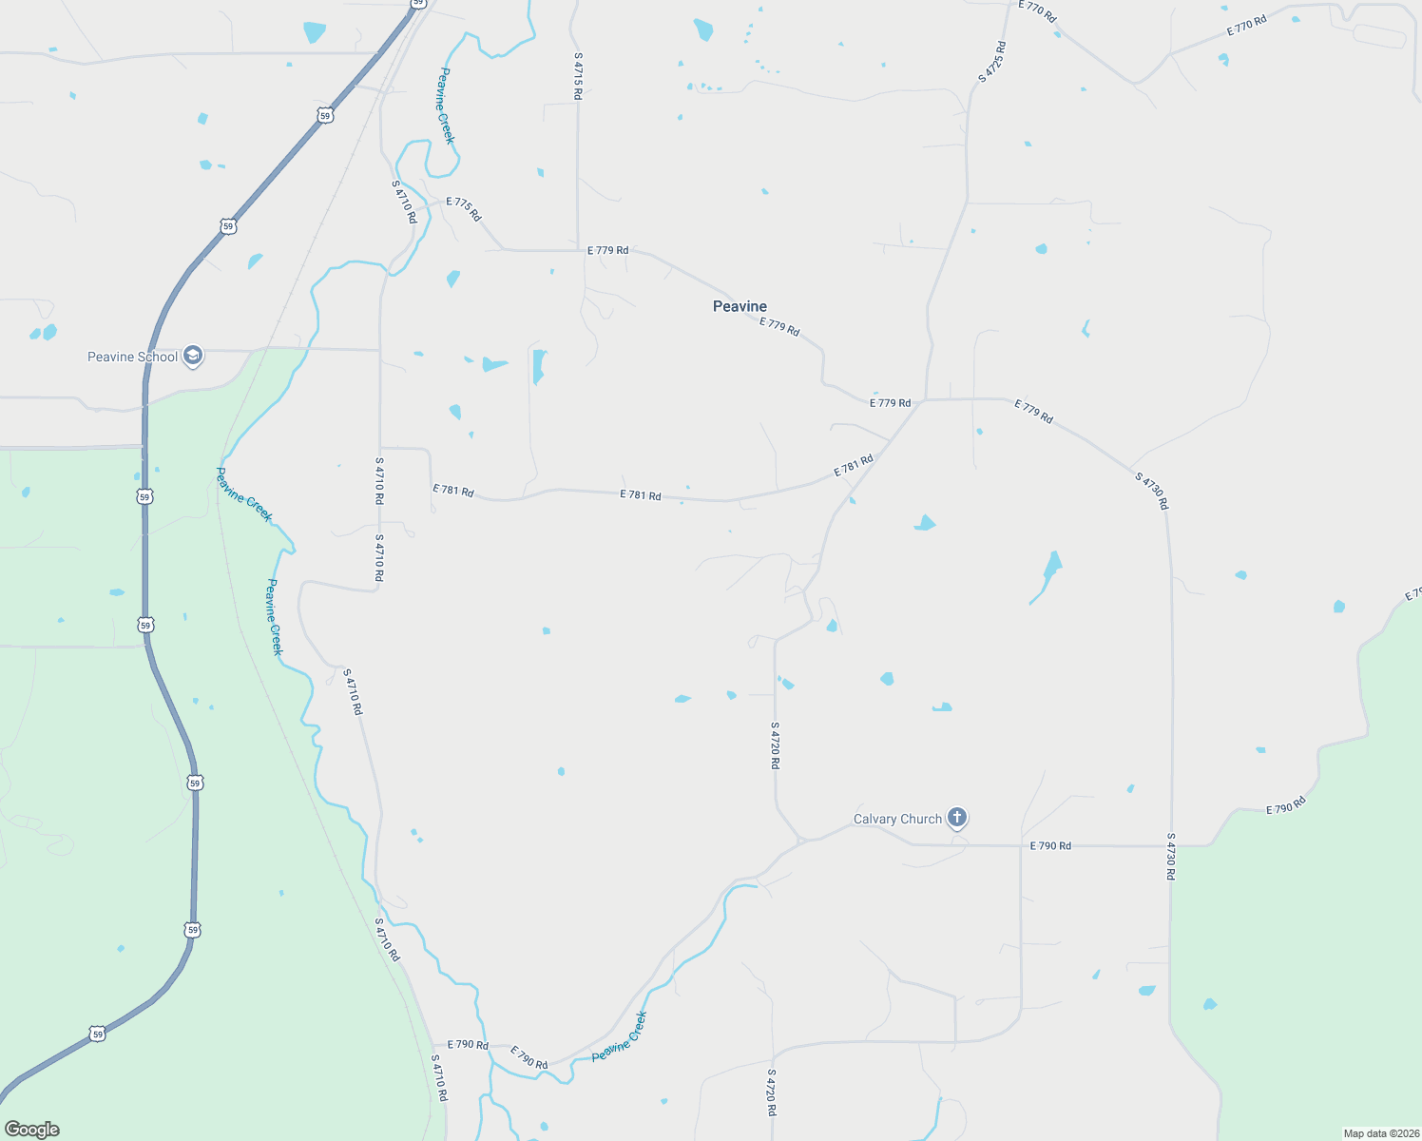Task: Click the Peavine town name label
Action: click(x=740, y=306)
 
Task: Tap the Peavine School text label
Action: click(x=132, y=358)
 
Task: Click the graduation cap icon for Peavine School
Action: click(x=193, y=357)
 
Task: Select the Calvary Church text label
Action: click(x=897, y=819)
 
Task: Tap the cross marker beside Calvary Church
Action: click(x=957, y=818)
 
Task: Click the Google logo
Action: click(x=32, y=1130)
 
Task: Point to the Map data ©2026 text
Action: click(x=1380, y=1133)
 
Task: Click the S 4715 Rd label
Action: click(x=578, y=76)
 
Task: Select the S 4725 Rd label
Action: click(x=991, y=62)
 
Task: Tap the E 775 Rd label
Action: click(x=464, y=209)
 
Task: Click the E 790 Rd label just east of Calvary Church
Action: click(x=1050, y=845)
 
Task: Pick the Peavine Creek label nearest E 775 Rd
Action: click(x=445, y=106)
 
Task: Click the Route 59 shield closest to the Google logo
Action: click(x=97, y=1034)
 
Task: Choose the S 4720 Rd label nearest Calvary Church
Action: click(x=776, y=745)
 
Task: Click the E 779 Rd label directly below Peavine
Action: click(x=779, y=327)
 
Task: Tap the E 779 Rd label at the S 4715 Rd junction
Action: click(x=607, y=250)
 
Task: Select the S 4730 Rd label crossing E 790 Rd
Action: click(x=1171, y=857)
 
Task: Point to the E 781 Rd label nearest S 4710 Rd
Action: click(x=453, y=491)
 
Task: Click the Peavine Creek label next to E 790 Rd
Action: click(x=619, y=1037)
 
